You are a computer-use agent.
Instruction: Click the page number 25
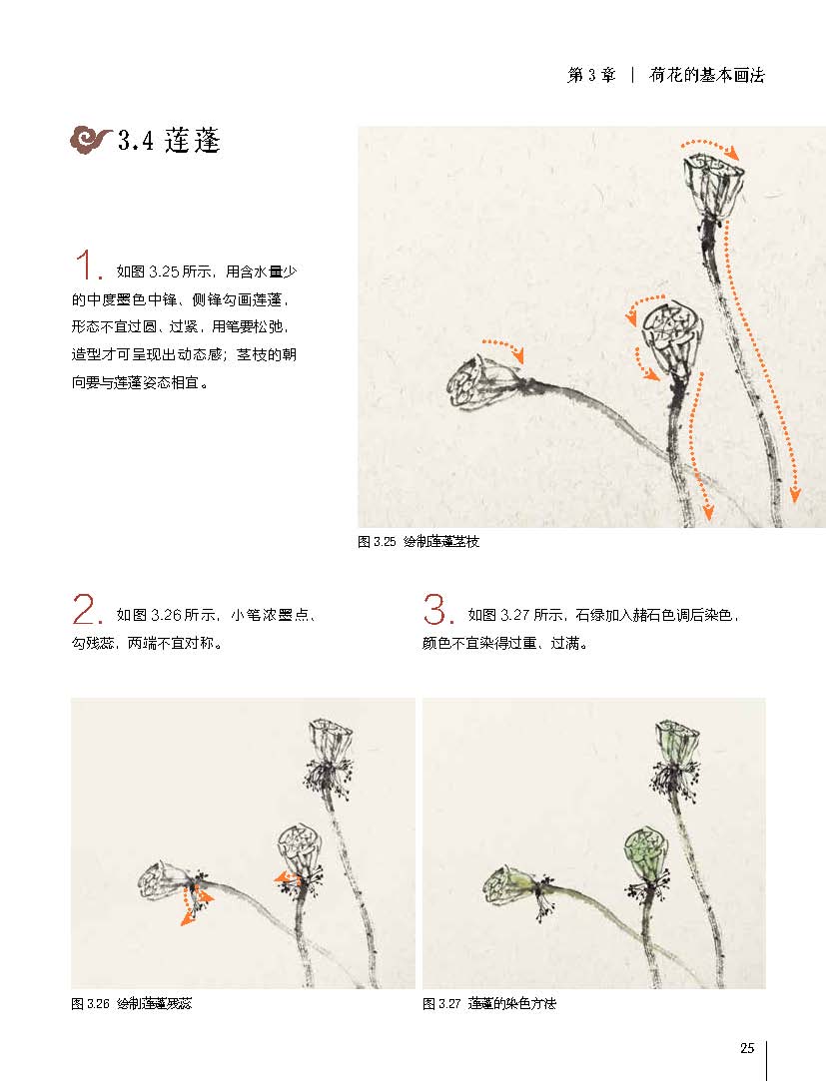[747, 1048]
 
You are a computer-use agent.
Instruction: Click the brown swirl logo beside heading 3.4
[91, 140]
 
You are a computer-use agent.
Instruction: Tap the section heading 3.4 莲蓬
[169, 141]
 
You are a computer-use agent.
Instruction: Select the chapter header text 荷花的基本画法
[706, 75]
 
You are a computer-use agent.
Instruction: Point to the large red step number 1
[88, 266]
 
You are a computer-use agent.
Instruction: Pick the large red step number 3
[438, 609]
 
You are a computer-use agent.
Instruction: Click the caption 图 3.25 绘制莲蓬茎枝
[418, 542]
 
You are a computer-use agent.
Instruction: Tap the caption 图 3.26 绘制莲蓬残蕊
[131, 1004]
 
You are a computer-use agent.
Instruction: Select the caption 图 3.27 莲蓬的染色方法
[489, 1004]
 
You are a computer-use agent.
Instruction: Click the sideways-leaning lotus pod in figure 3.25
[484, 381]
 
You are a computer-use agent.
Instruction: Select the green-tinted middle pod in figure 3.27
[646, 853]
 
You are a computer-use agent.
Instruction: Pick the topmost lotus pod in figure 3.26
[331, 741]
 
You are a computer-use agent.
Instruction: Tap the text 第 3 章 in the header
[590, 75]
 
